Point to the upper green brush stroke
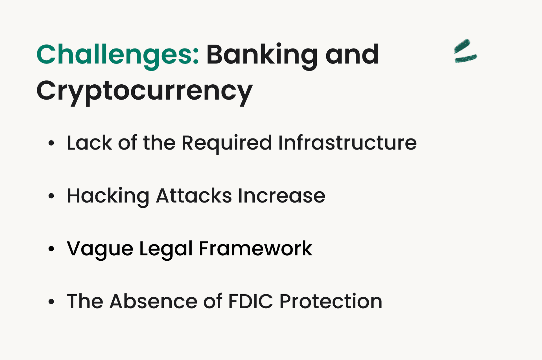click(462, 46)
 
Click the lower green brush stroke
click(465, 58)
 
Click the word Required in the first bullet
click(226, 143)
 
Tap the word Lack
click(89, 143)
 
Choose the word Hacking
click(108, 196)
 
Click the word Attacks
click(194, 196)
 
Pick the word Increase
click(281, 196)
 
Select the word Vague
click(100, 249)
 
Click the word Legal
click(166, 249)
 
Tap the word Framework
click(255, 249)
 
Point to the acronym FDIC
click(250, 301)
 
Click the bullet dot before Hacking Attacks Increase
click(51, 196)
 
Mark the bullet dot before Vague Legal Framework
click(51, 249)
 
